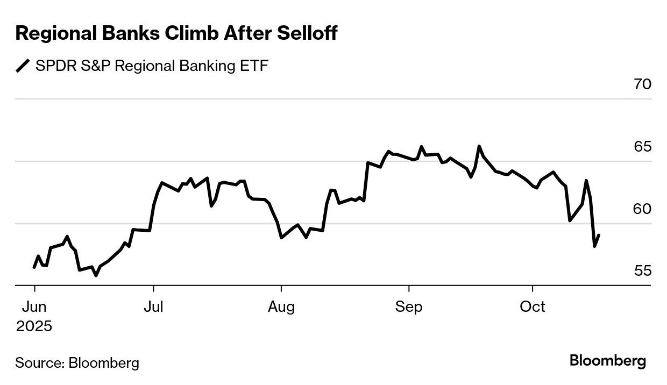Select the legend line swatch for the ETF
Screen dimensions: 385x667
coord(23,66)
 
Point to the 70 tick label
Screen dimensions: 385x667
coord(642,84)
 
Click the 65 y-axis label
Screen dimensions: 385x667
coord(642,147)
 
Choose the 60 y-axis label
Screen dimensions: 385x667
coord(642,209)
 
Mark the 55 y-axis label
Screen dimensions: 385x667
coord(642,271)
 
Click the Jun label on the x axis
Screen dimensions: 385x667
coord(34,307)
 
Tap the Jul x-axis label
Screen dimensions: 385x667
coord(154,307)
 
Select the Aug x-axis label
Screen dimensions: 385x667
coord(281,307)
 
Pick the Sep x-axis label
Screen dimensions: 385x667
coord(409,307)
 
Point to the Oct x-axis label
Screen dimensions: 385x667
coord(533,307)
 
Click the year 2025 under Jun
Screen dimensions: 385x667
coord(34,326)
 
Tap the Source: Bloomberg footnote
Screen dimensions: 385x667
coord(77,363)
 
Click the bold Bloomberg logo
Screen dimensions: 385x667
coord(608,361)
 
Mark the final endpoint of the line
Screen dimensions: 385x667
coord(599,235)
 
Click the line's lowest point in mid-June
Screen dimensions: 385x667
coord(96,275)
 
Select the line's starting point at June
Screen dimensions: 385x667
coord(34,267)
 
